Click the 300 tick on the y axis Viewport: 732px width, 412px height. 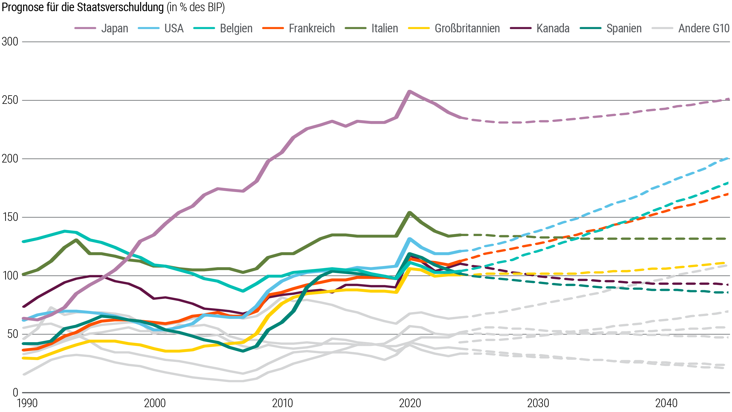10,42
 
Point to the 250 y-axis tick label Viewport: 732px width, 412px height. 10,100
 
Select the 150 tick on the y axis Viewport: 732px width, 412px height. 10,217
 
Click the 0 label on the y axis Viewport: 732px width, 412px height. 15,393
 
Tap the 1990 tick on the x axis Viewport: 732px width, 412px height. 27,403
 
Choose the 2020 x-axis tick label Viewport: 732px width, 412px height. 410,403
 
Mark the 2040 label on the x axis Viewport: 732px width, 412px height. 666,403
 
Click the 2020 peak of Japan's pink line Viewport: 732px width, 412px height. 409,92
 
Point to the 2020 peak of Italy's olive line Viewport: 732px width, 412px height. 410,213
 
